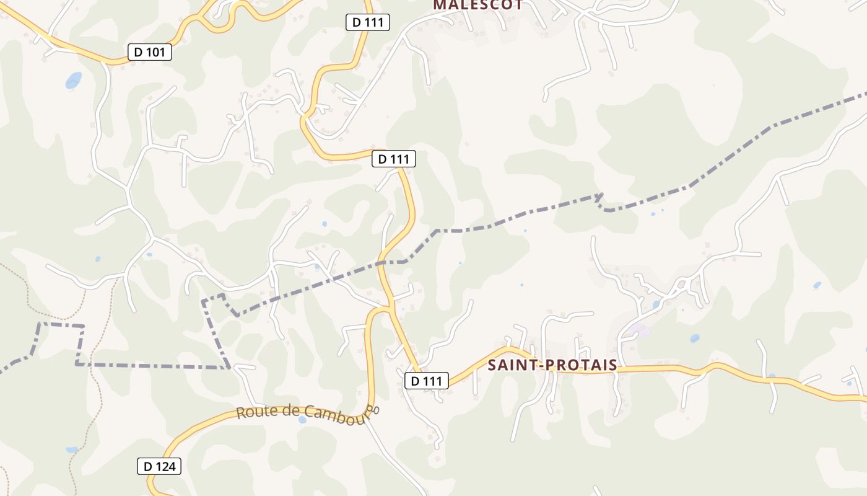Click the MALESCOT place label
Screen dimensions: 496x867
coord(477,5)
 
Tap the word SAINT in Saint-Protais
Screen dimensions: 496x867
coord(512,365)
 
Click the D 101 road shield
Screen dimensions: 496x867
coord(149,52)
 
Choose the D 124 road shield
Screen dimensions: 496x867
coord(159,466)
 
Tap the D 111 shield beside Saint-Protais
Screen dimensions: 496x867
coord(426,381)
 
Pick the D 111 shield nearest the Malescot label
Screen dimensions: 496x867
coord(367,23)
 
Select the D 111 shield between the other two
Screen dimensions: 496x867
coord(393,159)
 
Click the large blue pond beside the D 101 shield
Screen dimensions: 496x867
coord(73,80)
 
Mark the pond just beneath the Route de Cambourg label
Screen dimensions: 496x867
coord(302,420)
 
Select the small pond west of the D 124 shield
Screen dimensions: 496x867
coord(72,449)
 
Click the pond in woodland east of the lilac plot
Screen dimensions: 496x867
coord(694,339)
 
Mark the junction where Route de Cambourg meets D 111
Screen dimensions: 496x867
coord(390,308)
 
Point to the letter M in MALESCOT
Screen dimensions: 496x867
coord(438,5)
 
